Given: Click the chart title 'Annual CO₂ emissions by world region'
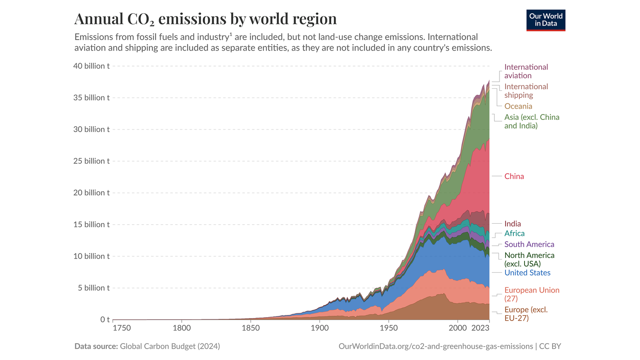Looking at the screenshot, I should pos(205,19).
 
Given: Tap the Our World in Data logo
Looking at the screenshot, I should pos(546,20).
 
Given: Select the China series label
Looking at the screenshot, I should pos(514,177).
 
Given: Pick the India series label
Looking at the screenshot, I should pos(512,224).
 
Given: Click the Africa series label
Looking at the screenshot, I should pos(514,234).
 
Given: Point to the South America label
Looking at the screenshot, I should pos(529,244).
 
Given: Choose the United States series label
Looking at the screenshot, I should pos(527,273).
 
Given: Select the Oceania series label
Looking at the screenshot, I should pos(518,106).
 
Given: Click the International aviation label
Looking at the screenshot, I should pos(526,71).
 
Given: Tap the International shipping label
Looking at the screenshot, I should pos(526,91).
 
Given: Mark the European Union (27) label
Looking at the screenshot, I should pos(531,294).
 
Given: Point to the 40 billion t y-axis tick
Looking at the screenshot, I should pos(91,66).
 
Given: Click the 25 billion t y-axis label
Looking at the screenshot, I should pos(91,161).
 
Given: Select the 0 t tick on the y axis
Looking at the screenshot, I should pos(105,320).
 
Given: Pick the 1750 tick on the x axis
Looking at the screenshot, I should pos(122,328).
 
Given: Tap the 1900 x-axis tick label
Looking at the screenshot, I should pos(320,328).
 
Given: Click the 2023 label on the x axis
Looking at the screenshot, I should pos(480,328).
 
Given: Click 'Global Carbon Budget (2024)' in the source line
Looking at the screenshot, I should pos(170,346).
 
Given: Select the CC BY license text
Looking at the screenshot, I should pos(550,346).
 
